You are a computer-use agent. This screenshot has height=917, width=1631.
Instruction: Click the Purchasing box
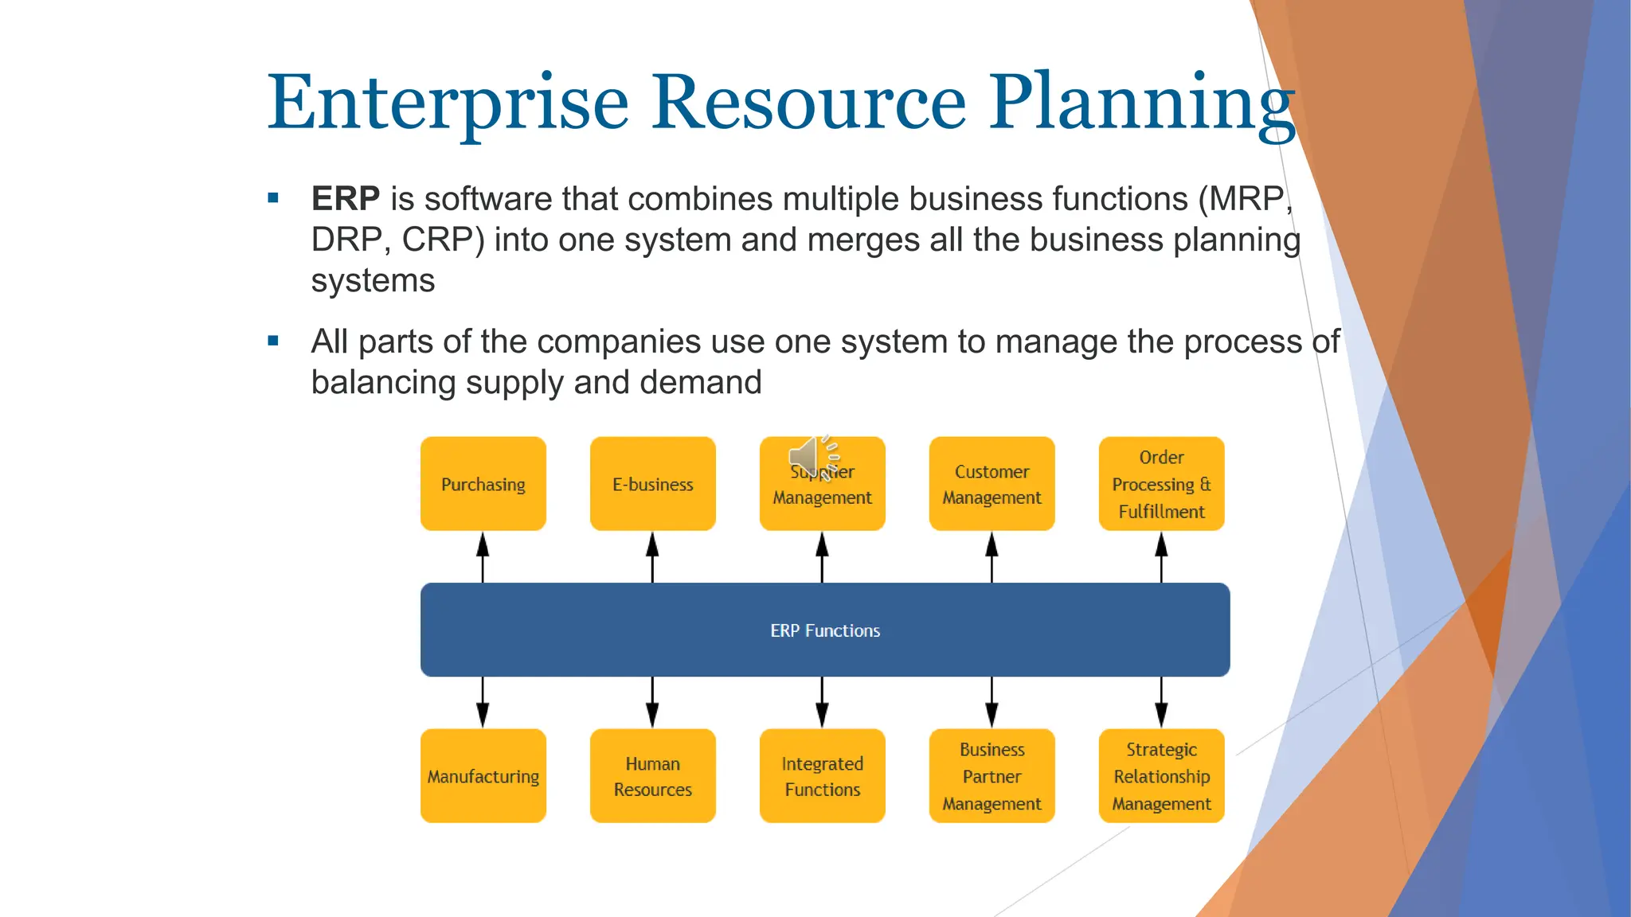click(x=483, y=483)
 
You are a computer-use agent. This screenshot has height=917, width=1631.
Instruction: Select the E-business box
click(x=652, y=483)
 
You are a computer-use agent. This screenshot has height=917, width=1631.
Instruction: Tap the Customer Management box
click(x=992, y=483)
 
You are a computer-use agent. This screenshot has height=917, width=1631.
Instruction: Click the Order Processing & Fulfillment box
click(x=1161, y=483)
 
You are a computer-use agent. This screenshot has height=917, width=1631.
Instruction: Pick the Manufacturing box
click(x=483, y=775)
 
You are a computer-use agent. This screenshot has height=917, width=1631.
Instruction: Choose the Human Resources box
click(x=652, y=775)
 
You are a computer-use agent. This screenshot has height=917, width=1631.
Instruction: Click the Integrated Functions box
click(x=822, y=775)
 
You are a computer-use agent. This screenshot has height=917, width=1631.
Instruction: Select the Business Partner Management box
click(x=992, y=775)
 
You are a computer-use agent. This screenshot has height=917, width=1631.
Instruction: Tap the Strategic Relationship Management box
click(x=1161, y=775)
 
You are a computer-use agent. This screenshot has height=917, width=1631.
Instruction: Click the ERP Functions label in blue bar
click(x=825, y=630)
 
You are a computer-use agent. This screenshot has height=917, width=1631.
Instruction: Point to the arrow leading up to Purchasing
click(x=483, y=556)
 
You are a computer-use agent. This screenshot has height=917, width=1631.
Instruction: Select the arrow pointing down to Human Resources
click(x=652, y=702)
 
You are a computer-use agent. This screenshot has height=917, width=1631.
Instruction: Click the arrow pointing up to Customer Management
click(x=992, y=556)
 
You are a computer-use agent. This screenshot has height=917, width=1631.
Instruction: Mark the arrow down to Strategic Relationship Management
click(x=1161, y=702)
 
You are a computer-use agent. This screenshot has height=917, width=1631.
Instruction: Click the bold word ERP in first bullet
click(x=345, y=198)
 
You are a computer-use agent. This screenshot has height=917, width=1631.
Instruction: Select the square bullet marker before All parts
click(x=273, y=341)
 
